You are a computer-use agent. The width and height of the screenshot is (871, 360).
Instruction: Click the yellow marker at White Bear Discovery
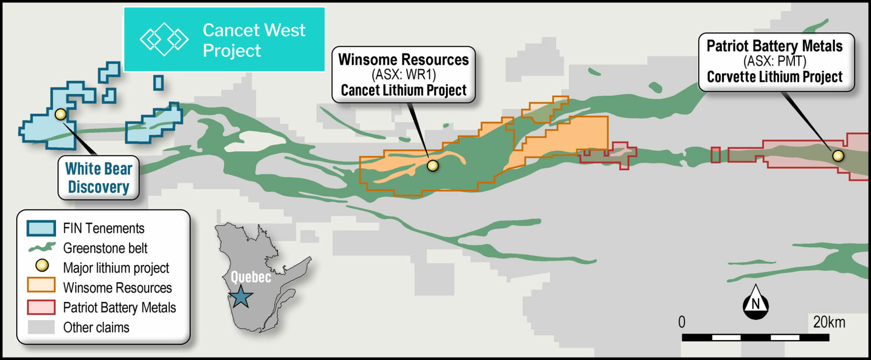click(x=61, y=114)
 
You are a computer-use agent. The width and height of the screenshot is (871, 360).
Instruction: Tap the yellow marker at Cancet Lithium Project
click(x=433, y=166)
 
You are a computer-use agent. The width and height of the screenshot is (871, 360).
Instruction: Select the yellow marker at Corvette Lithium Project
click(x=838, y=156)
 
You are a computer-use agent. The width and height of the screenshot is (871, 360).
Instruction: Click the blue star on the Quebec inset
click(x=241, y=296)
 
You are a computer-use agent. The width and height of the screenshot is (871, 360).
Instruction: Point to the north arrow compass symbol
click(x=755, y=303)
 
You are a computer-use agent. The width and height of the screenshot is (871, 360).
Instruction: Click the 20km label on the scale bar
click(x=828, y=322)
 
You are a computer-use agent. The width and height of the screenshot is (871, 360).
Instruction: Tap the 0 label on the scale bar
click(x=682, y=322)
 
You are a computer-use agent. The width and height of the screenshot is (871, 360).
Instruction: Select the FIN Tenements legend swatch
click(x=41, y=228)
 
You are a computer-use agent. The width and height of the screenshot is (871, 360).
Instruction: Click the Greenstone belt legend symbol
click(x=41, y=248)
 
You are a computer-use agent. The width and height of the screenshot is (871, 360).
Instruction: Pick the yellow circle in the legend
click(x=42, y=266)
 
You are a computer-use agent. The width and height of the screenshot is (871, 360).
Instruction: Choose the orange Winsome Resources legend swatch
click(x=41, y=285)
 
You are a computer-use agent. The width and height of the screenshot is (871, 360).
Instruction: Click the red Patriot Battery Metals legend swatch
click(x=41, y=307)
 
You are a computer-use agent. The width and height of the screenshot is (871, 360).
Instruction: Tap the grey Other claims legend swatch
click(x=41, y=327)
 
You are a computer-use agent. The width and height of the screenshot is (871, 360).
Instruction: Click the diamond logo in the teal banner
click(x=164, y=40)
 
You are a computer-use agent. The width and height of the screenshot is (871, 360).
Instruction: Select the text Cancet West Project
click(x=253, y=40)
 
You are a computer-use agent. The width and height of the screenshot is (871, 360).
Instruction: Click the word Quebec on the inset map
click(x=250, y=277)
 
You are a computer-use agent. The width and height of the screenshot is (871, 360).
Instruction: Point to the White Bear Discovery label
click(x=99, y=178)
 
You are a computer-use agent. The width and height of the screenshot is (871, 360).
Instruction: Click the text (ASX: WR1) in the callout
click(x=404, y=75)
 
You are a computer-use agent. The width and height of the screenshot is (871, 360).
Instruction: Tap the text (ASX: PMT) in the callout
click(x=774, y=61)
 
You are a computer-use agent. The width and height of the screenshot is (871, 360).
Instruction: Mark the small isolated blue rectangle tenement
click(x=158, y=83)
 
